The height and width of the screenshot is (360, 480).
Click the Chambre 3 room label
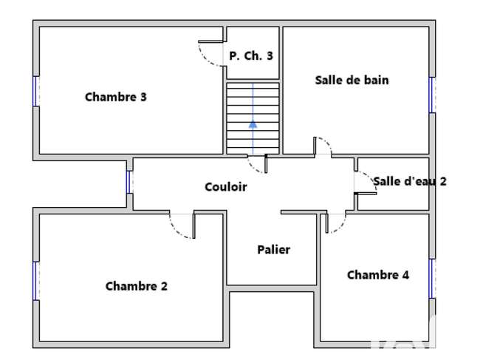coord(116,97)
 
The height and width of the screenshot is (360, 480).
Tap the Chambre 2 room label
coord(137,286)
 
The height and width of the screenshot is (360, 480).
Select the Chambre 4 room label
coord(378,275)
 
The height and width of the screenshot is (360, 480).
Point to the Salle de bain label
coord(352,81)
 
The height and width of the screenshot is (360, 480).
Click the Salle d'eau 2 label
coord(410,181)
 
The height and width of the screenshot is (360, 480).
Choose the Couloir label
coord(226,187)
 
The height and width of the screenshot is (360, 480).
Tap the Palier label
coord(274,250)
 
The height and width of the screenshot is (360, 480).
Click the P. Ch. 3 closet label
coord(251,55)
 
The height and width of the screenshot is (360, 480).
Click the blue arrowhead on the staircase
coord(253,124)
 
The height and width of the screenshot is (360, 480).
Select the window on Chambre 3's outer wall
coord(36,92)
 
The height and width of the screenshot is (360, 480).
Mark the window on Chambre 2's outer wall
coord(36,281)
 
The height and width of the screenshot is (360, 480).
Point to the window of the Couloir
coord(129,182)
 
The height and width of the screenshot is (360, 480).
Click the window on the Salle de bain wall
coord(432,95)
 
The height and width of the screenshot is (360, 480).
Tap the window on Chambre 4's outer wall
coord(432,279)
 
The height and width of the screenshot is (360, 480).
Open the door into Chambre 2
coord(182,225)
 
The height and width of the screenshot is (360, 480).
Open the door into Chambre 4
coord(335,223)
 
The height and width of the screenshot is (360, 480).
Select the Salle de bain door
coord(323,146)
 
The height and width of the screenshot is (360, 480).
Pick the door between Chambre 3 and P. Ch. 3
coord(210,53)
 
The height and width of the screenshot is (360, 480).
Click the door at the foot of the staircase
coord(257,164)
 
